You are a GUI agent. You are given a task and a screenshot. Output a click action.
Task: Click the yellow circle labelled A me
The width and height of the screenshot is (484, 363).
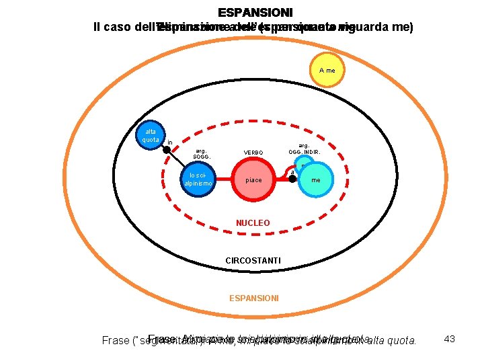pyautogui.click(x=327, y=71)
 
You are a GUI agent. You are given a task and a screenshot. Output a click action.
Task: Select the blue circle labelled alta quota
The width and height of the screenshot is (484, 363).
pyautogui.click(x=150, y=136)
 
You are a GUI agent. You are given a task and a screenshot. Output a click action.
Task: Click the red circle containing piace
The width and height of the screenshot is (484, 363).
pyautogui.click(x=253, y=180)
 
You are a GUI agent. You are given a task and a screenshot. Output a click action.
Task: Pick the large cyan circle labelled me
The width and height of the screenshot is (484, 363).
pyautogui.click(x=315, y=180)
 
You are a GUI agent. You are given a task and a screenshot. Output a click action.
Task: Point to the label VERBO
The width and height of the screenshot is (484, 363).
pyautogui.click(x=253, y=153)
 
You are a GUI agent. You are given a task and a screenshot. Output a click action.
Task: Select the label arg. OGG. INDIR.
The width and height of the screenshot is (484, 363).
pyautogui.click(x=305, y=149)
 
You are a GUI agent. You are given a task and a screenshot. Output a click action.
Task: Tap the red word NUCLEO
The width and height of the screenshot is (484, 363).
pyautogui.click(x=253, y=223)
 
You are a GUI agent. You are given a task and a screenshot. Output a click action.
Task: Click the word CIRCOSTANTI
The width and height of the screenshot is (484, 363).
pyautogui.click(x=253, y=260)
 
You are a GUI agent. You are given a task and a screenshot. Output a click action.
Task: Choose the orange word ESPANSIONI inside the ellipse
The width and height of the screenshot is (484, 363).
pyautogui.click(x=253, y=297)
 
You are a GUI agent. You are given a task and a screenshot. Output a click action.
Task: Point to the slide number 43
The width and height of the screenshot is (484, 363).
pyautogui.click(x=450, y=339)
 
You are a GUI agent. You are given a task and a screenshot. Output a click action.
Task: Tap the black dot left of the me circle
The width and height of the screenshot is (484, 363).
pyautogui.click(x=292, y=179)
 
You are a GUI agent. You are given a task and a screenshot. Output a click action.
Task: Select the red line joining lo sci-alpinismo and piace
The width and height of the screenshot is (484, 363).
pyautogui.click(x=225, y=180)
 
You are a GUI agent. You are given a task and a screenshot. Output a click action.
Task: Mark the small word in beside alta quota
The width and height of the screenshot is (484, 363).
pyautogui.click(x=170, y=143)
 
